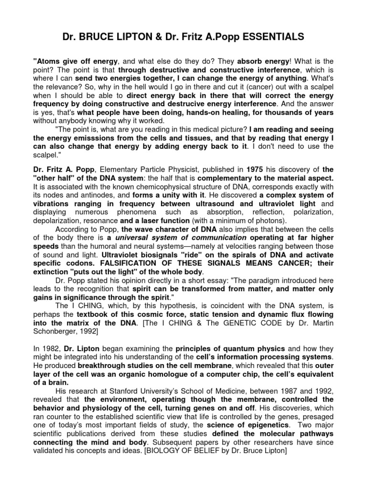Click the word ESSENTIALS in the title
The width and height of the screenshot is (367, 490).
(275, 36)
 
